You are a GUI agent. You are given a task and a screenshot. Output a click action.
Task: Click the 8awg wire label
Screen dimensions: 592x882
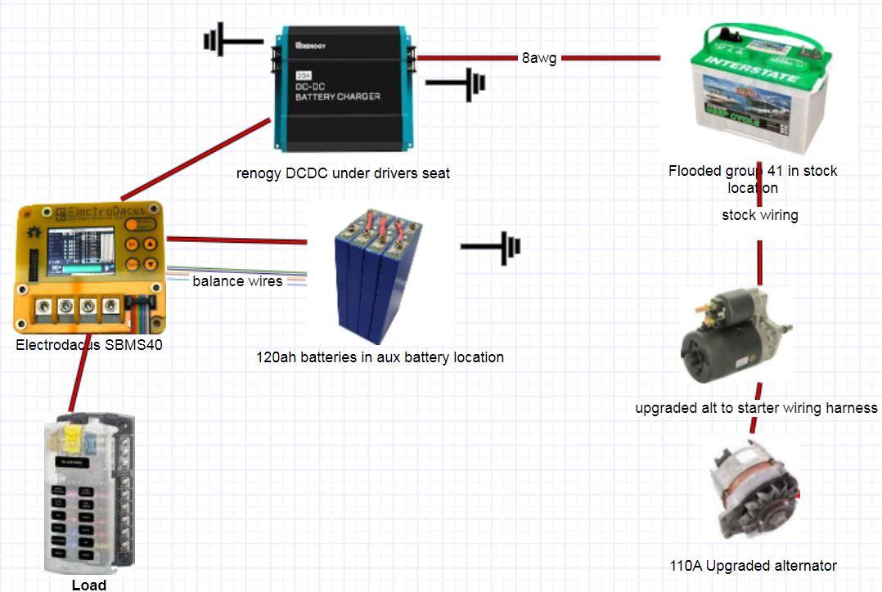coord(539,58)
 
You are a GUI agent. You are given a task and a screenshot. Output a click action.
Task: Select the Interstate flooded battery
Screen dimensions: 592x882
coord(759,90)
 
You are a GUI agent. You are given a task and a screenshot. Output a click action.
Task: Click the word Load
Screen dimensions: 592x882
coord(89,585)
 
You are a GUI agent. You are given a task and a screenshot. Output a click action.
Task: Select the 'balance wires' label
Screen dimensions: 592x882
coord(237,281)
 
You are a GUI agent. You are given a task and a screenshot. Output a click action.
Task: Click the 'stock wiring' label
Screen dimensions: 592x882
coord(759,216)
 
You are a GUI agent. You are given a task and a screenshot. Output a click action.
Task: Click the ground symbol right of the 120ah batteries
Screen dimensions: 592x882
coord(491,246)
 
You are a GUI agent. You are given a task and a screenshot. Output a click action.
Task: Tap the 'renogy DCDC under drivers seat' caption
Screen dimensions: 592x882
coord(343,173)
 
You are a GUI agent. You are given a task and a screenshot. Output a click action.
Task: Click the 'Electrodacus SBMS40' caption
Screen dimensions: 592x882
coord(89,345)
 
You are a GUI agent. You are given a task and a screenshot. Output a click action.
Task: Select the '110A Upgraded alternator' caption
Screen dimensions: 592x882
coord(753,565)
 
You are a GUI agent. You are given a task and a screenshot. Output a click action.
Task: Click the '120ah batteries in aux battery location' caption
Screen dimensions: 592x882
coord(380,357)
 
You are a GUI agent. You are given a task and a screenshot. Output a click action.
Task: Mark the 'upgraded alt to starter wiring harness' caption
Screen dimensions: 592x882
coord(756,407)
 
